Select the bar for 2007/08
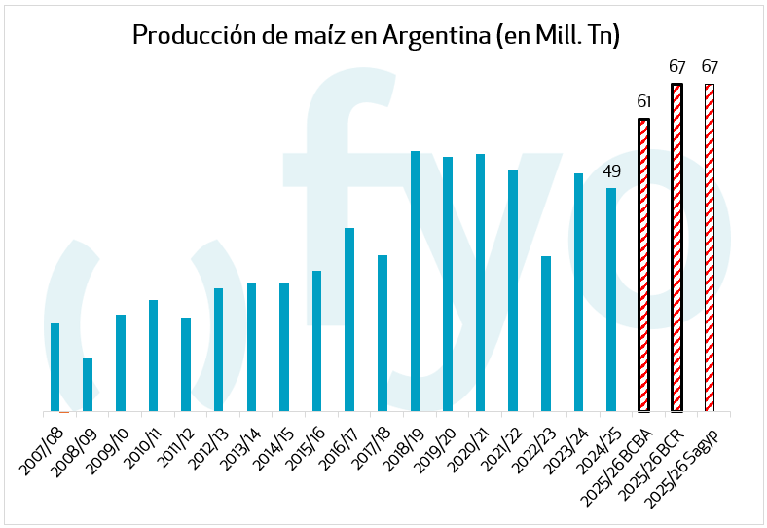[x=55, y=367]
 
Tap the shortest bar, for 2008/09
[x=88, y=384]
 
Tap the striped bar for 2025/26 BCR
[x=676, y=247]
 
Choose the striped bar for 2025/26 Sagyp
[x=710, y=247]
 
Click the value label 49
[x=611, y=172]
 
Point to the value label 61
[x=643, y=102]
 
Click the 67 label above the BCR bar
[x=676, y=67]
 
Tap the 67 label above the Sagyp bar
[x=710, y=67]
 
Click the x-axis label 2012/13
[x=207, y=448]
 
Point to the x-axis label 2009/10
[x=109, y=448]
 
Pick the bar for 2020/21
[x=481, y=283]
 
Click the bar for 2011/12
[x=186, y=364]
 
